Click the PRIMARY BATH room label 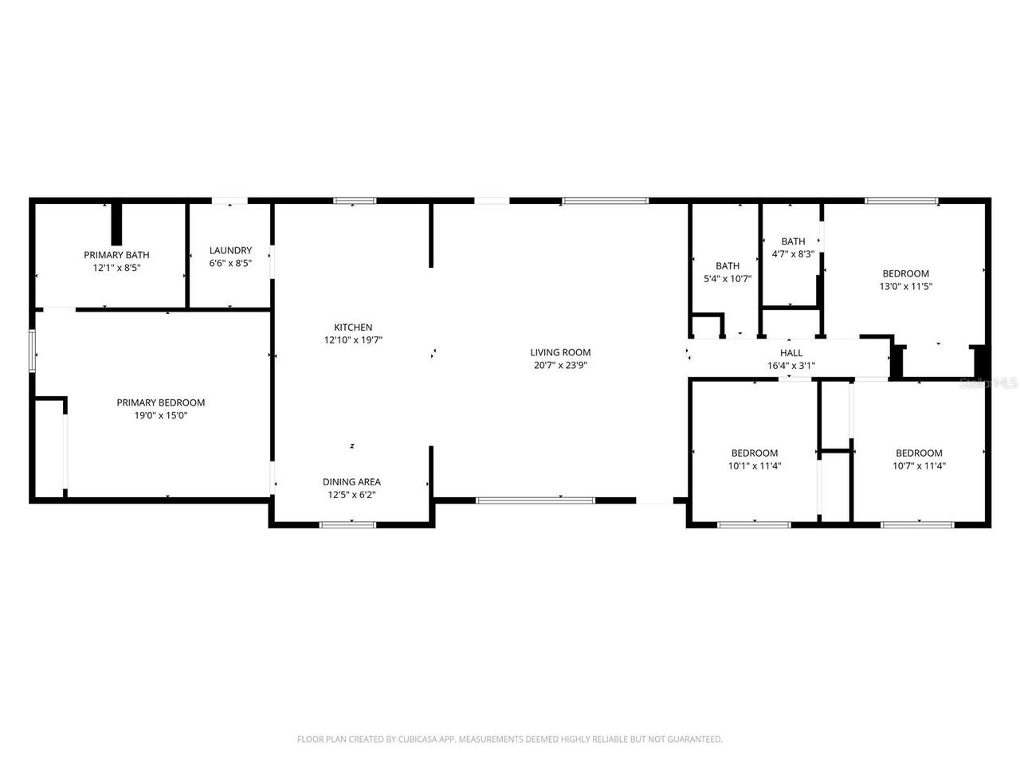coord(116,255)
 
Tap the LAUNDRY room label coord(230,250)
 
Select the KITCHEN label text coord(353,328)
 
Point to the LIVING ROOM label coord(560,352)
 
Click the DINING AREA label coord(351,481)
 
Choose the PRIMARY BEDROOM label coord(161,402)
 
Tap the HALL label coord(791,353)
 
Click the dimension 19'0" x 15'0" coord(161,415)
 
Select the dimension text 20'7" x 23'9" coord(560,365)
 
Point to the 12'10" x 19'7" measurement coord(353,339)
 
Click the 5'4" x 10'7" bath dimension coord(728,279)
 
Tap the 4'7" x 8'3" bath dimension coord(793,254)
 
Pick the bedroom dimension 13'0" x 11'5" coord(905,286)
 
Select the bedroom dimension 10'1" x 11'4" coord(755,466)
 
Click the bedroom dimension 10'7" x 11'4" coord(919,466)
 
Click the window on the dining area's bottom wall coord(347,524)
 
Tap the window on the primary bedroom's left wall coord(33,351)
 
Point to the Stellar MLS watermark coord(988,383)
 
